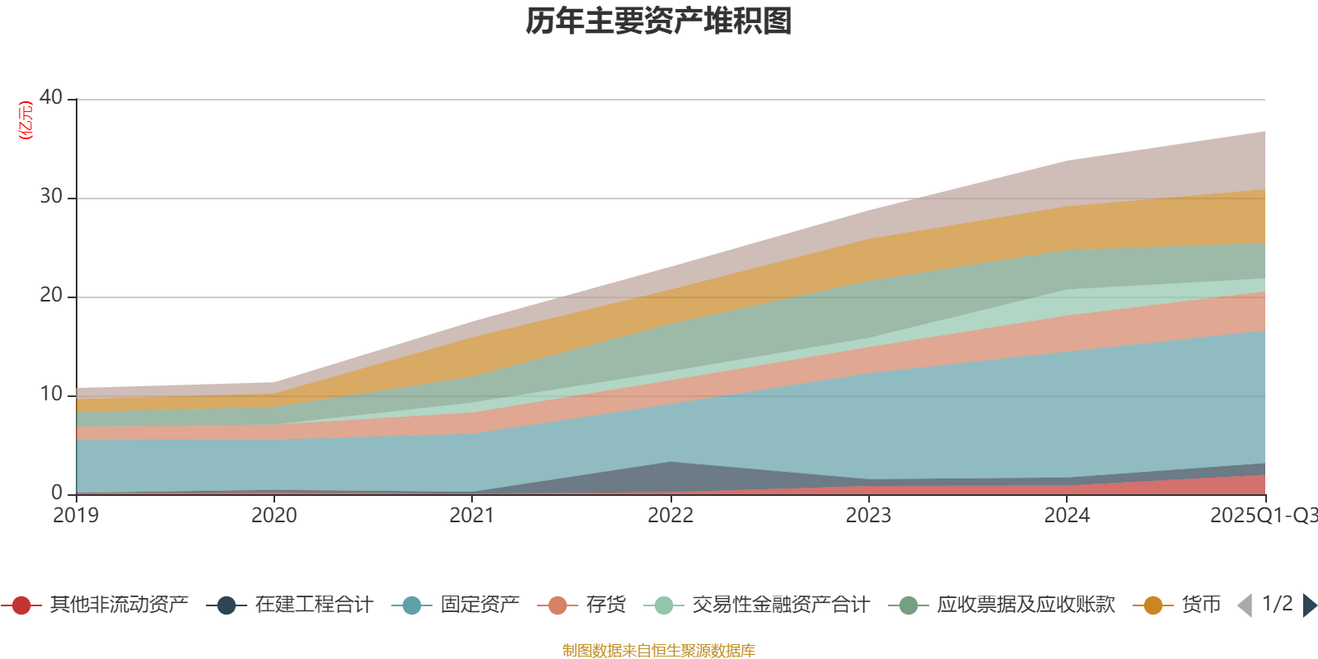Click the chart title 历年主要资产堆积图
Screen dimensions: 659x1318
coord(659,21)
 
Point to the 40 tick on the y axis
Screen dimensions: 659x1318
coord(51,97)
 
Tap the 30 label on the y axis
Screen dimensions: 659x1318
coord(51,196)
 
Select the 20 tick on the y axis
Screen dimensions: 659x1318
coord(51,295)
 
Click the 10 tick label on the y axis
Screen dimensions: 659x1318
coord(51,394)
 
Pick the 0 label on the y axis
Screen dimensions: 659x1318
coord(57,493)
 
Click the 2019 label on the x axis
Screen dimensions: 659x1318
coord(76,516)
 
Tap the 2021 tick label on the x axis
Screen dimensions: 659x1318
coord(472,516)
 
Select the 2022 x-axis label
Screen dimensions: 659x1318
coord(671,516)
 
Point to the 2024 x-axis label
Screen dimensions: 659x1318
coord(1067,516)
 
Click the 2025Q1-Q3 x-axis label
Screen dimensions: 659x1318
coord(1263,516)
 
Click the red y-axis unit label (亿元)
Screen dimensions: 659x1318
coord(26,120)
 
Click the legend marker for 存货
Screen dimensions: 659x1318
coord(558,605)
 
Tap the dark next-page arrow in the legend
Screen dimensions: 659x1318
coord(1309,605)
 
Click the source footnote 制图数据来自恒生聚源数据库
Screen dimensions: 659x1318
coord(659,651)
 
